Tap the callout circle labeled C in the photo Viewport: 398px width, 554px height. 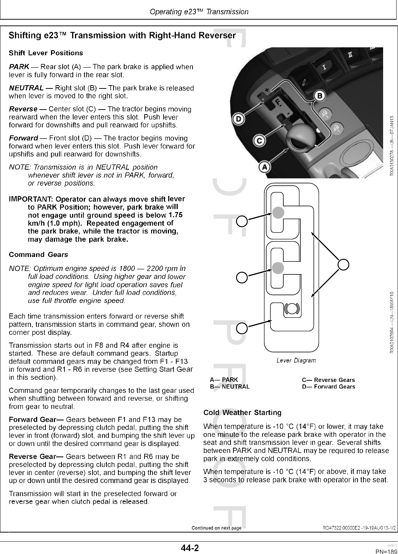click(259, 140)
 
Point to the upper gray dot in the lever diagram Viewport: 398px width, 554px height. click(278, 213)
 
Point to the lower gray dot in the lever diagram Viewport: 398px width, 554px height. click(278, 268)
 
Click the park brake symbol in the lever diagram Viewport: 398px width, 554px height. click(292, 309)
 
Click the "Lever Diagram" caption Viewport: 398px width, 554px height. click(296, 360)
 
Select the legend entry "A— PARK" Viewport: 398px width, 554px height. click(224, 380)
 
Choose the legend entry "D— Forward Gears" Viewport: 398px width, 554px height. click(328, 387)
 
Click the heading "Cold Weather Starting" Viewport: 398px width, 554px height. click(242, 413)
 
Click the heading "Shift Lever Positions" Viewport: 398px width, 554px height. click(46, 53)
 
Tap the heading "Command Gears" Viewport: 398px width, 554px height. click(38, 254)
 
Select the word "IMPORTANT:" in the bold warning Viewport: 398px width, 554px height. click(31, 199)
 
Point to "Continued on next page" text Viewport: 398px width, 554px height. click(216, 528)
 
